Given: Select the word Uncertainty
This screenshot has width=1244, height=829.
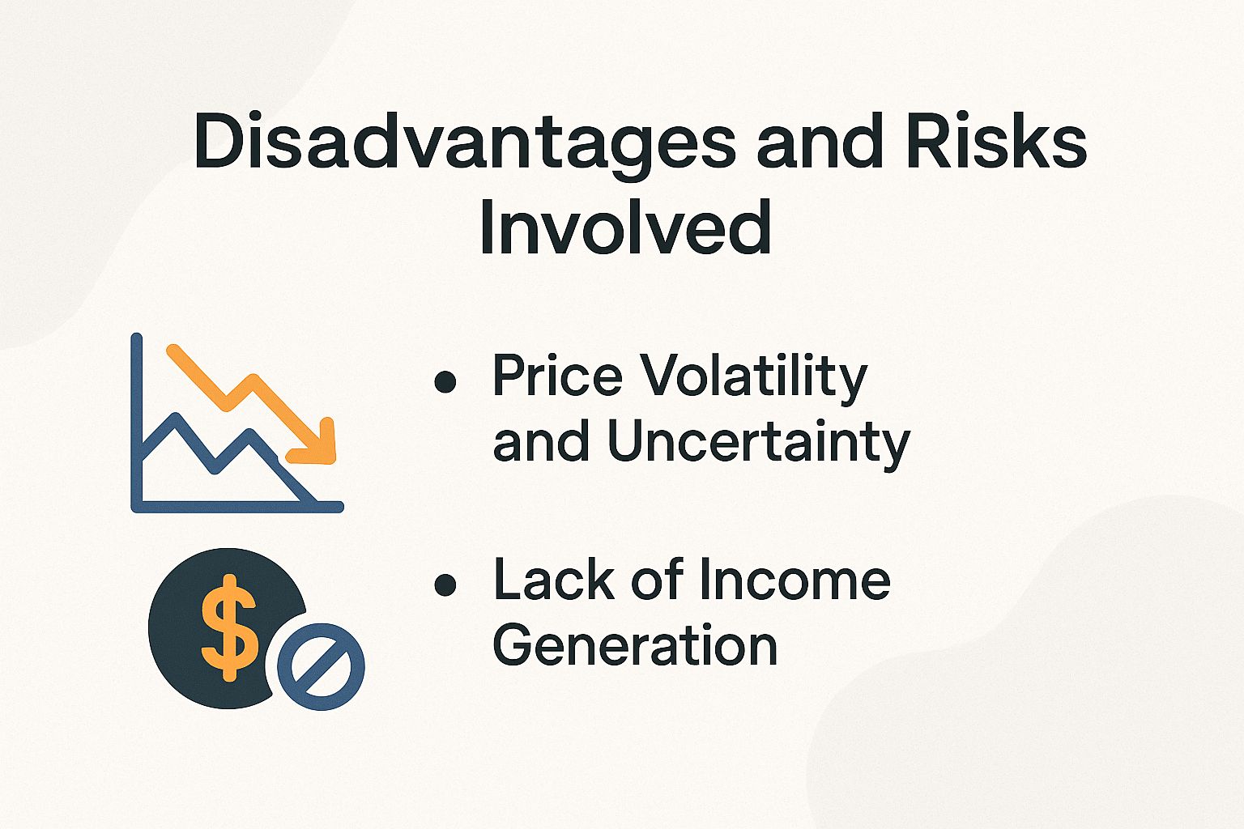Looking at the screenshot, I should (758, 442).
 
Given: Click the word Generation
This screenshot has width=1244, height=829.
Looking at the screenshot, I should (635, 646).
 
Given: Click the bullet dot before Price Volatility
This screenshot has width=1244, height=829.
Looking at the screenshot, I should (445, 381).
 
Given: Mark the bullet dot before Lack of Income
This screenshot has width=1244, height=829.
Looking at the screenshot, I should (445, 585).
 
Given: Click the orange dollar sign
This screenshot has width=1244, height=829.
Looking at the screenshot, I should (228, 627).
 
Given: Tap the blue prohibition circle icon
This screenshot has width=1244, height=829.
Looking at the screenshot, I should (320, 666).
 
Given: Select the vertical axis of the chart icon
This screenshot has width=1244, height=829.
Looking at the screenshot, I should (137, 421).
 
